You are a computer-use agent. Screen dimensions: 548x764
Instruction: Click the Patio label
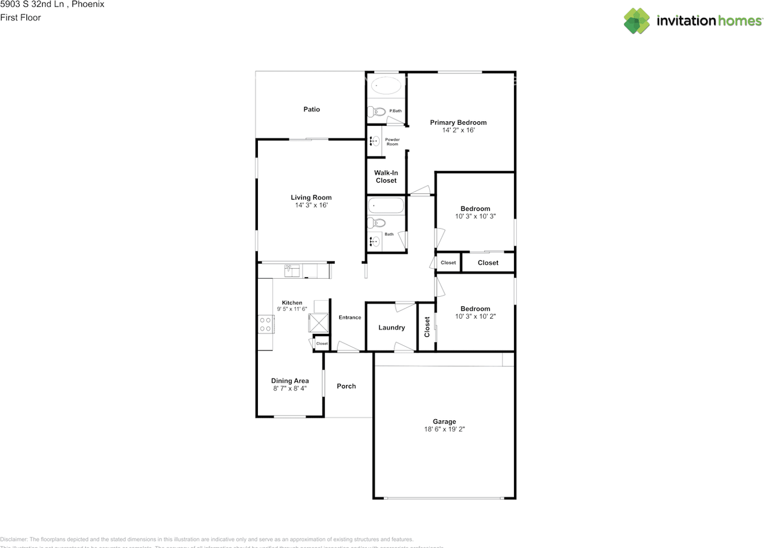point(312,109)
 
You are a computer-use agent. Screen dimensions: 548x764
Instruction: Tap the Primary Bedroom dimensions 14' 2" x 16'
point(458,130)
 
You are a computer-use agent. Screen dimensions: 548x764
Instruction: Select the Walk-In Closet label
point(386,177)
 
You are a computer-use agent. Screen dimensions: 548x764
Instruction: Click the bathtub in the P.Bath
point(386,87)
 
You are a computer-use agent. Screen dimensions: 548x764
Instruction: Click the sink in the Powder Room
point(375,141)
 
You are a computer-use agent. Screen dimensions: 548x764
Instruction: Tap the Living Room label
point(311,198)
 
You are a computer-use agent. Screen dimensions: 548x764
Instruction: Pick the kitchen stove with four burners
point(266,324)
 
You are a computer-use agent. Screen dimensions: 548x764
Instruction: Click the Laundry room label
point(392,328)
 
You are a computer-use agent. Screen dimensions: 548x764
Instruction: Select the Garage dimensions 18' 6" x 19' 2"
point(444,429)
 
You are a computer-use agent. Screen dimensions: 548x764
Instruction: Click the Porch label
point(346,386)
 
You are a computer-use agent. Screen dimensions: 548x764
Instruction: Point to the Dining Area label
point(289,381)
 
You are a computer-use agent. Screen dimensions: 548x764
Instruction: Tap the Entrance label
point(350,318)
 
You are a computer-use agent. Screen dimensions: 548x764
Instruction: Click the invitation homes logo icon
point(637,21)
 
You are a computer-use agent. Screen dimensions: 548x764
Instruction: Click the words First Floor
point(20,17)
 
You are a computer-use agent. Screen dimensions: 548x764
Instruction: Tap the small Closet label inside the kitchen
point(322,344)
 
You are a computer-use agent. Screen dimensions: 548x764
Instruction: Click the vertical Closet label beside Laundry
point(427,327)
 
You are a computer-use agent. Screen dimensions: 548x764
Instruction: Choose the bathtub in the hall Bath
point(386,206)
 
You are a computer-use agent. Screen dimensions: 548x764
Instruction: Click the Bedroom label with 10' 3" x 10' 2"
point(475,309)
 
